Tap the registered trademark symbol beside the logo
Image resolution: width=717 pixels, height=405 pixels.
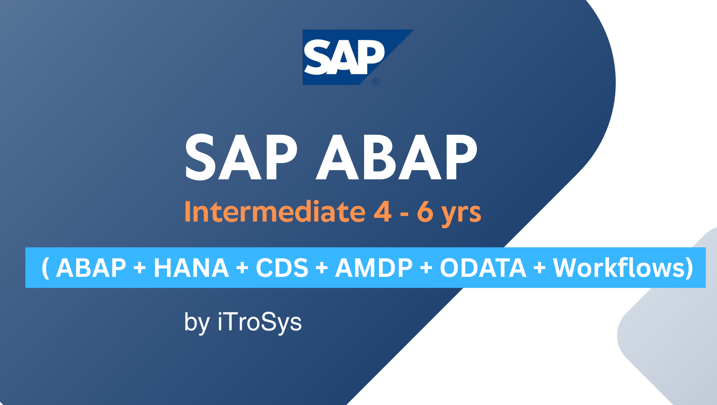376,81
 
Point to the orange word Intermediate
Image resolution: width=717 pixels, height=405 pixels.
275,212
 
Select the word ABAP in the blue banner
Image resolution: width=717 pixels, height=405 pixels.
91,268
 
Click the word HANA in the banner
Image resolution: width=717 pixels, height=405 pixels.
191,268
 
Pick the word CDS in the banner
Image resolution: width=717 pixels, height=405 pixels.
282,268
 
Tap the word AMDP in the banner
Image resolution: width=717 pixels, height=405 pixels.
374,268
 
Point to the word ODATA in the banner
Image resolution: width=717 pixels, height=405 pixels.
483,268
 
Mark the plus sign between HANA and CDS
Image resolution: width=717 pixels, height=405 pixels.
242,268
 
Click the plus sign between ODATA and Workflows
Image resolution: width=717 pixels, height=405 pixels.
540,268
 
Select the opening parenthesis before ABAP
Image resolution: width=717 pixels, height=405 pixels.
46,268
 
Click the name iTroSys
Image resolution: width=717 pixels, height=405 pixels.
260,322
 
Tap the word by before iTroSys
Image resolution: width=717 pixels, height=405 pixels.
197,323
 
